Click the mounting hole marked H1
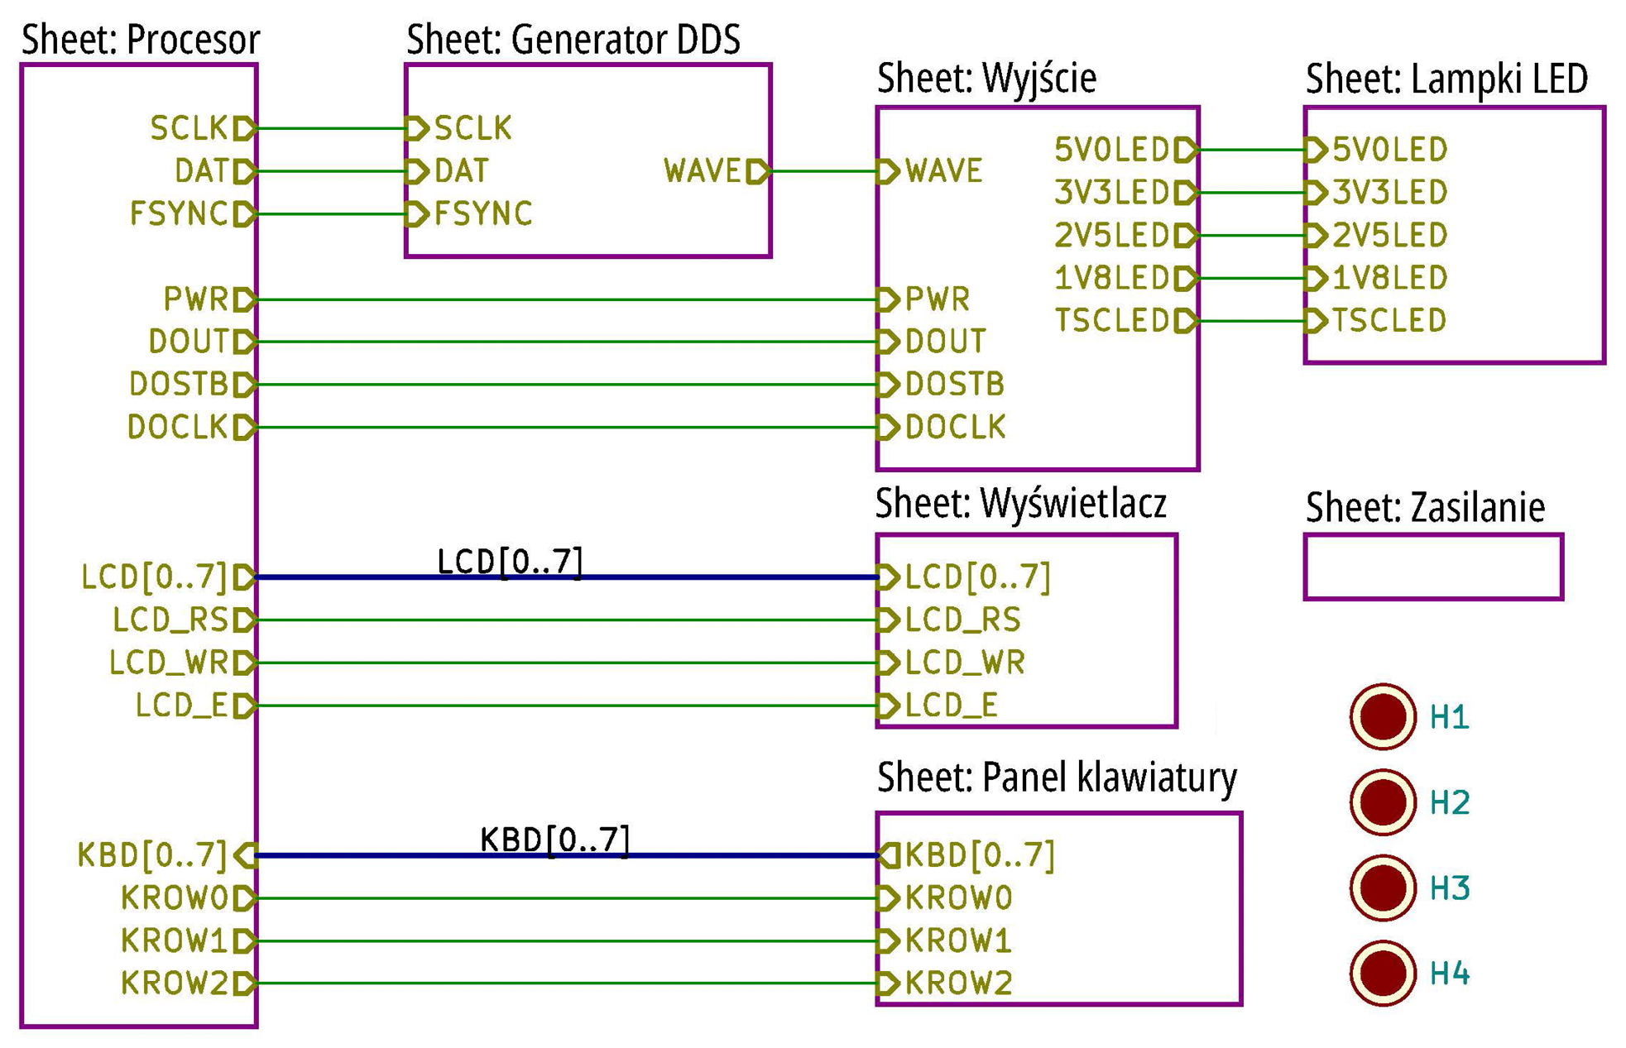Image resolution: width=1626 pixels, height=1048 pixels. [1382, 716]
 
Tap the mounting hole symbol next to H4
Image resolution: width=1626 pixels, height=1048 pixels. [1382, 973]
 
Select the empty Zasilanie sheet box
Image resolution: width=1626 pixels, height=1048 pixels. [1433, 536]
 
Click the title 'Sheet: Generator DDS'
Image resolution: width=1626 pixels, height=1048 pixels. [573, 40]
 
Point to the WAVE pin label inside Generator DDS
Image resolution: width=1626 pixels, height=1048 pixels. [703, 171]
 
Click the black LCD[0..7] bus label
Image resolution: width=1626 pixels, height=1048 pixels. [510, 562]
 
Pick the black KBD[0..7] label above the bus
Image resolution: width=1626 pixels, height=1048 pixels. [555, 840]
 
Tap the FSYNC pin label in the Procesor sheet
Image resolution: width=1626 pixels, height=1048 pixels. [179, 214]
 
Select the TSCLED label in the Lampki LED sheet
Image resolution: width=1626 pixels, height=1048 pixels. [1389, 320]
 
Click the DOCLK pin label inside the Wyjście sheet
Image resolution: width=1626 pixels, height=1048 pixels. [956, 428]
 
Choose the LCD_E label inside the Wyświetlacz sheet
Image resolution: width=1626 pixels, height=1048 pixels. [952, 706]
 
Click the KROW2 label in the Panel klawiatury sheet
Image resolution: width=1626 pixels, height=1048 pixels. [959, 983]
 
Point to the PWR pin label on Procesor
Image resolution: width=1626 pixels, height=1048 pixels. [196, 299]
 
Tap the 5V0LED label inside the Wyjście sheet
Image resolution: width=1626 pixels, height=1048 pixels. [1112, 150]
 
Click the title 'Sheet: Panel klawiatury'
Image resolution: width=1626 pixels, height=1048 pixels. [1057, 778]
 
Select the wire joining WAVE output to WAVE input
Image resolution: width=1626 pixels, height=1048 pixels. [824, 171]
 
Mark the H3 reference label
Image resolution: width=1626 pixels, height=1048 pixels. [1450, 888]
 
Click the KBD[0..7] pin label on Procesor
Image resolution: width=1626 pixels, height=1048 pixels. [152, 854]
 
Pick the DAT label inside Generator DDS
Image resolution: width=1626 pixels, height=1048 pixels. [462, 171]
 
